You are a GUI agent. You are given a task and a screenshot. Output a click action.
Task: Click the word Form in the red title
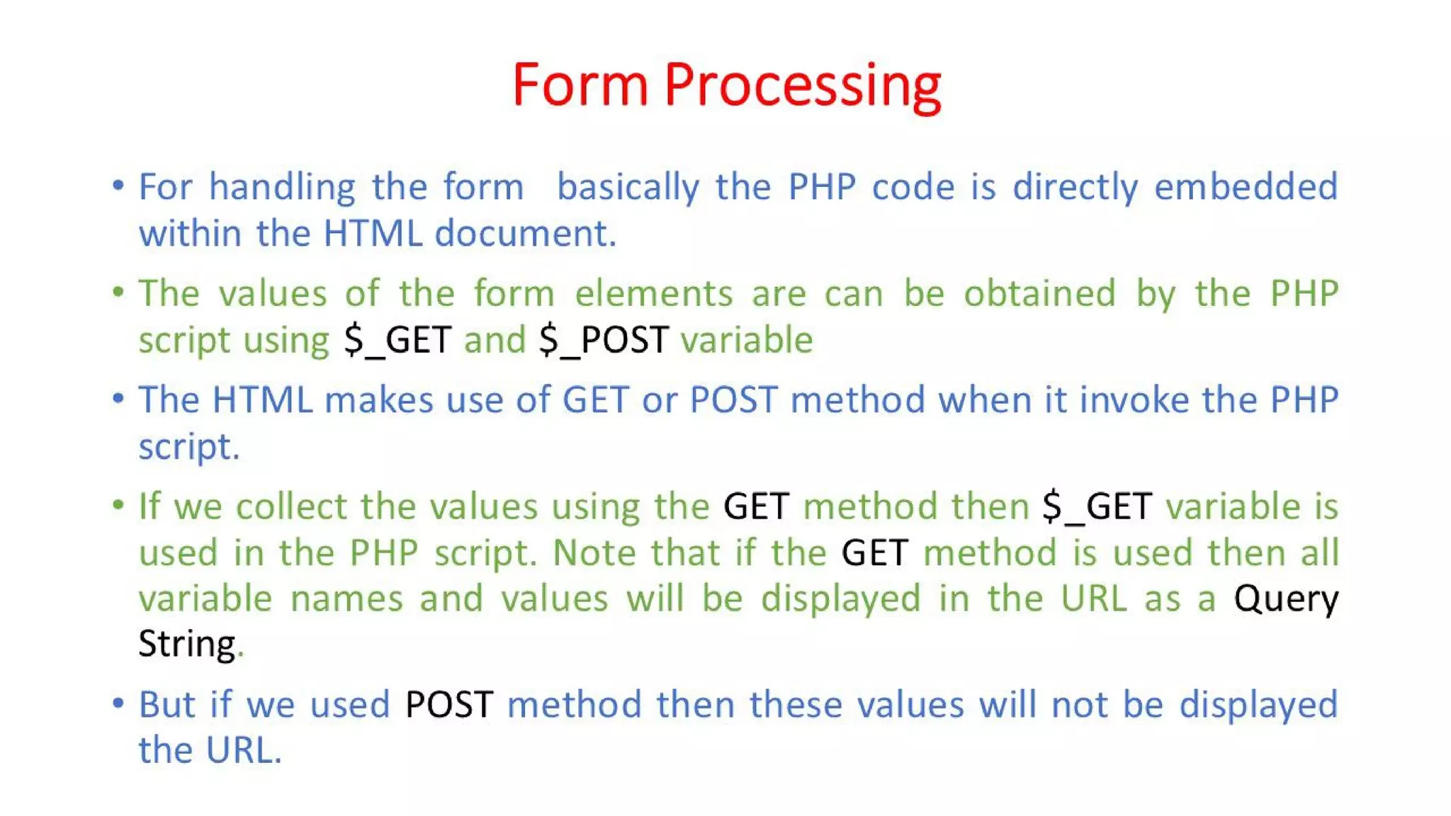[x=580, y=85]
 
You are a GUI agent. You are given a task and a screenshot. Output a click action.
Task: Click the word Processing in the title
[x=802, y=86]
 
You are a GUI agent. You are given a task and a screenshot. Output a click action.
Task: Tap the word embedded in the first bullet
[x=1246, y=187]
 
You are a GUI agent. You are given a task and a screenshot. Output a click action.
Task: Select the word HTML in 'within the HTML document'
[x=372, y=233]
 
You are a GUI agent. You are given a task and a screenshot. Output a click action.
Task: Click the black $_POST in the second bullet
[x=604, y=340]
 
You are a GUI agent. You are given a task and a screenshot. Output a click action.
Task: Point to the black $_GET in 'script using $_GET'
[x=397, y=340]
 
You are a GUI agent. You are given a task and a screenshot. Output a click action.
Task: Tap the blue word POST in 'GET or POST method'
[x=733, y=400]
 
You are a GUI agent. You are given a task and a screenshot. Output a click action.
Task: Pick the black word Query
[x=1285, y=599]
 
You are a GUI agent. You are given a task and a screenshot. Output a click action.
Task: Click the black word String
[x=186, y=644]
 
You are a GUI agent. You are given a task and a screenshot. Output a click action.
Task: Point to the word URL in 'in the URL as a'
[x=1093, y=599]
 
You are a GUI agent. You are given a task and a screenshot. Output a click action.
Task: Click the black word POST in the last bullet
[x=448, y=705]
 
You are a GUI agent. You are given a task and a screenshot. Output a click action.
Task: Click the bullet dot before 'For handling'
[x=118, y=186]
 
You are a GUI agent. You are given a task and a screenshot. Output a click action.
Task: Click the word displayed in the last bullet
[x=1258, y=705]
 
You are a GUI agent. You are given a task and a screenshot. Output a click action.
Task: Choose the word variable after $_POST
[x=746, y=340]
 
